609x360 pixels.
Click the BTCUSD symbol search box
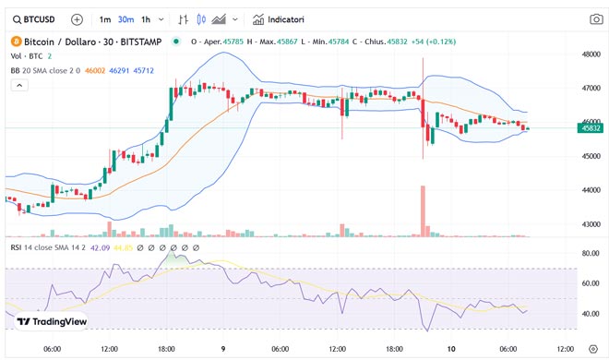36,18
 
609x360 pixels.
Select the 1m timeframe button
104,18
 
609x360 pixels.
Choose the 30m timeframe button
125,18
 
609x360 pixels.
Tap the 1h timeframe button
147,18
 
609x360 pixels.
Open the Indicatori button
284,18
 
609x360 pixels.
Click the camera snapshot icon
596,18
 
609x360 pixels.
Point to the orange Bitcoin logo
14,42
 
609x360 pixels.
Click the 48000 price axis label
591,54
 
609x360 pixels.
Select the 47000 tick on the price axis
591,89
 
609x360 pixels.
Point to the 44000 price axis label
591,190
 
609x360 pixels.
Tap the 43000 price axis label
591,224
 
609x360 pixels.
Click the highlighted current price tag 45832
591,128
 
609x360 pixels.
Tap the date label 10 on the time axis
451,349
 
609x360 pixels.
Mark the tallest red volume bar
423,210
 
